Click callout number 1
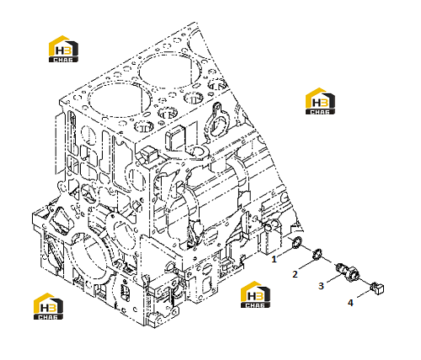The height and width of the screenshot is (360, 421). [274, 259]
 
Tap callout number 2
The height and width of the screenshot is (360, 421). [295, 274]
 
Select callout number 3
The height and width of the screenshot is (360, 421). [321, 286]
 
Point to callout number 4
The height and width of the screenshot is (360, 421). [350, 303]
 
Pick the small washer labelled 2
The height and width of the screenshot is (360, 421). [317, 254]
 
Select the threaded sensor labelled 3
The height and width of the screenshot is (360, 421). [348, 271]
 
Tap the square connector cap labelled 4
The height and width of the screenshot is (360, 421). [377, 289]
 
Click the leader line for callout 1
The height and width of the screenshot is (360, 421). [286, 251]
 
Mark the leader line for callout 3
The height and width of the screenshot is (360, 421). [335, 278]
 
